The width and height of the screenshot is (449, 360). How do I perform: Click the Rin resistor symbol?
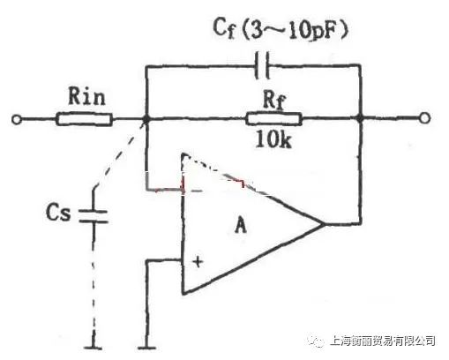point(84,119)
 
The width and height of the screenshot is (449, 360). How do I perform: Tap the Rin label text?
point(86,96)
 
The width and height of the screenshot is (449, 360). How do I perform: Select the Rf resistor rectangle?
point(273,119)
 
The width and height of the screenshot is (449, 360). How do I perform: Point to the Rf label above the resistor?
point(274,100)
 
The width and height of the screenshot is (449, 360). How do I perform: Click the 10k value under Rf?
point(273,139)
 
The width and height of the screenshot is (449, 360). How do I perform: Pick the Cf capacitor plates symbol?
point(262,65)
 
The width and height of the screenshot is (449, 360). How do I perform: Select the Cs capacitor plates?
point(94,216)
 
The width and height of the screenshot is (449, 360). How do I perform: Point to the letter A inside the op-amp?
point(241,226)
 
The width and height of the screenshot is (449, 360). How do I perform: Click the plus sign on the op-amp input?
point(198,261)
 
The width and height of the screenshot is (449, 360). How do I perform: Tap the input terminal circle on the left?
point(17,120)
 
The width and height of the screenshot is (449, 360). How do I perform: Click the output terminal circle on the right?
point(424,118)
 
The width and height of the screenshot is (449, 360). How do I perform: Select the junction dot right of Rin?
point(146,119)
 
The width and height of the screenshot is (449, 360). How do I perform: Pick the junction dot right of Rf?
point(360,118)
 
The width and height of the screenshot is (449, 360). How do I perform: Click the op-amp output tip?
point(324,224)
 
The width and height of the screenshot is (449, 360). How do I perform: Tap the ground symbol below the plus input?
point(146,348)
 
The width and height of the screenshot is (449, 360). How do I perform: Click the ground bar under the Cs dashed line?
point(94,348)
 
